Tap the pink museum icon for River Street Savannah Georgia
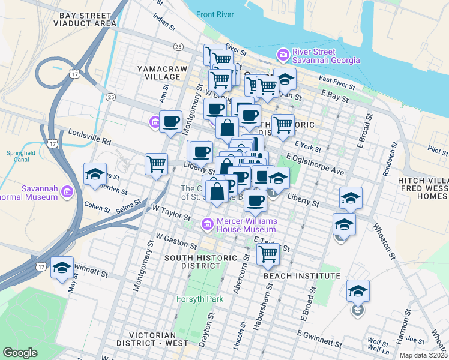(x=282, y=55)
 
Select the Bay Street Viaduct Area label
(x=85, y=18)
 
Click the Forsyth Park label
(x=200, y=299)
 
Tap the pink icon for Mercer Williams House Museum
(x=208, y=224)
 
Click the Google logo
(x=20, y=353)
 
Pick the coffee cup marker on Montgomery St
(x=171, y=122)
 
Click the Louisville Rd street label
(x=89, y=137)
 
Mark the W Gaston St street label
(x=176, y=241)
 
